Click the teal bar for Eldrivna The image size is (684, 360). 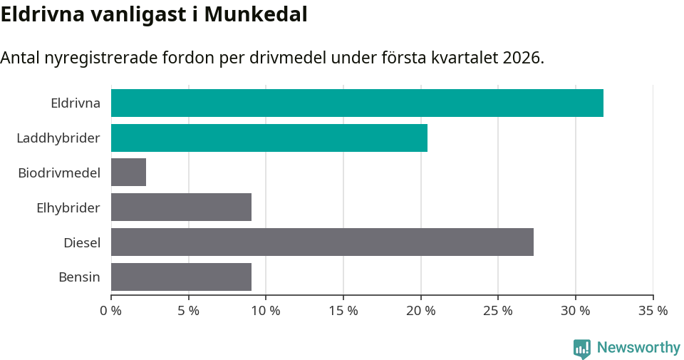click(x=357, y=103)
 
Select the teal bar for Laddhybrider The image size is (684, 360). click(x=269, y=138)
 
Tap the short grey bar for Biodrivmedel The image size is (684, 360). click(x=128, y=173)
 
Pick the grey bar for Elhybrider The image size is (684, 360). click(x=181, y=207)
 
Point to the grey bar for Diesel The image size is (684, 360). click(x=322, y=242)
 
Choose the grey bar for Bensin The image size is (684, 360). click(x=181, y=277)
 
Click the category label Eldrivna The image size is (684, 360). click(x=75, y=103)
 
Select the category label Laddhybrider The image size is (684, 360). click(x=58, y=138)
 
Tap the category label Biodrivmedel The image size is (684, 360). click(x=59, y=173)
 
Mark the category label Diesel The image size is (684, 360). click(x=81, y=242)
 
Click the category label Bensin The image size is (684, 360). click(x=79, y=277)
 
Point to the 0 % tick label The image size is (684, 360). click(x=111, y=311)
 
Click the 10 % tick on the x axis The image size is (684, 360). click(x=266, y=311)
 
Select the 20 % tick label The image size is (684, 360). click(x=420, y=311)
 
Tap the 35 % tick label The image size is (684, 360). click(x=653, y=311)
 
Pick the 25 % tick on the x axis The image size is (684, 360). click(x=498, y=311)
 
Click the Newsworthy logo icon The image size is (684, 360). click(x=582, y=348)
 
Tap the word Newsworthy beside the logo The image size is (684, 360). click(x=638, y=348)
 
